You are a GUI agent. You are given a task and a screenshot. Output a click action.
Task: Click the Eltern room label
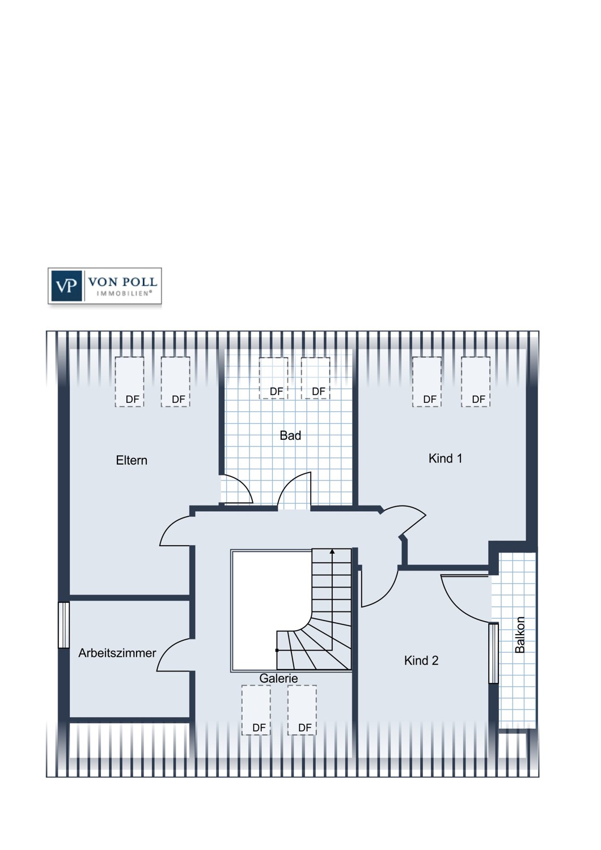132,460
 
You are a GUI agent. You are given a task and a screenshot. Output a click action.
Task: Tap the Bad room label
290,435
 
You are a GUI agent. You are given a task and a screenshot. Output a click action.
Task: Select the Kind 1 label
445,458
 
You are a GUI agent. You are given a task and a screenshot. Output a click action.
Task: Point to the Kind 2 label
421,661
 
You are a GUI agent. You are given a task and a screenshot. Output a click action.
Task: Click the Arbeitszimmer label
117,653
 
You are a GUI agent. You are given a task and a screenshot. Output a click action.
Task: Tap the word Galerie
278,678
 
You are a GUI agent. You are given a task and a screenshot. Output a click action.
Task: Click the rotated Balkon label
520,635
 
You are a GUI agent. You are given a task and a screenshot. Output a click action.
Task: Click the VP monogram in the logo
66,286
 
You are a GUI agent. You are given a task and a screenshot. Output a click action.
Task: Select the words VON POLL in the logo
122,282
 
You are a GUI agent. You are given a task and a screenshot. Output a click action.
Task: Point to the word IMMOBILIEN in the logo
124,294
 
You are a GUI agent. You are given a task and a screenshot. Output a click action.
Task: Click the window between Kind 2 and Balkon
493,653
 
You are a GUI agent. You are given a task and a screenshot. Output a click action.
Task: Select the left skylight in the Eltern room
129,382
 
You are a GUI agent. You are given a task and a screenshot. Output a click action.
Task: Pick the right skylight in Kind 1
476,382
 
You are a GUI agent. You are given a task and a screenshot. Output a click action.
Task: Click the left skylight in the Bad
273,378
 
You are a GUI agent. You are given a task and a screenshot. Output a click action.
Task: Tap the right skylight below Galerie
302,711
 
